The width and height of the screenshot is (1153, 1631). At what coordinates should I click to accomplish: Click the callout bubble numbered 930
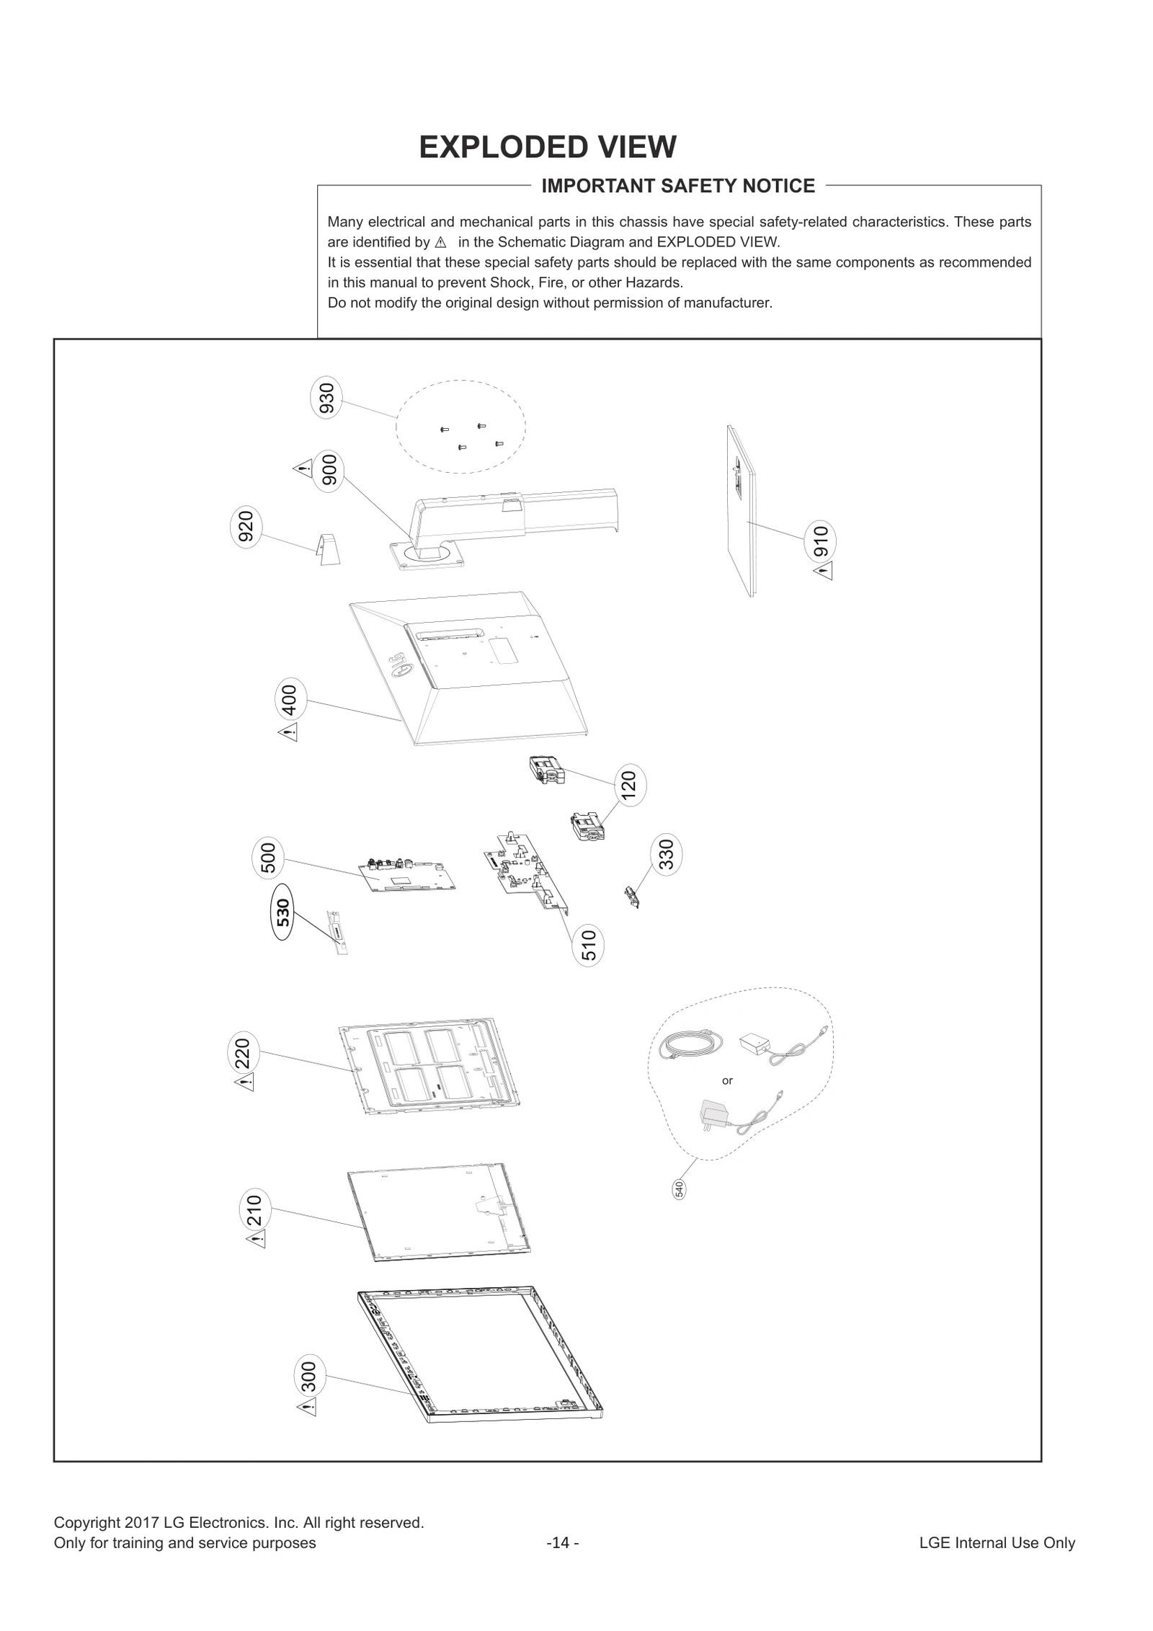coord(326,399)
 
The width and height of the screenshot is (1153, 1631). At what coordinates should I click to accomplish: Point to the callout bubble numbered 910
coord(820,541)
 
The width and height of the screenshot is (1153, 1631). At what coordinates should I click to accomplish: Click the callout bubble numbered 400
coord(290,700)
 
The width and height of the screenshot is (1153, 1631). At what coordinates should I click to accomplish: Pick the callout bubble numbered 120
coord(630,786)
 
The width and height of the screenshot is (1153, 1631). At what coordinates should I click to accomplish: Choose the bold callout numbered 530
coord(283,912)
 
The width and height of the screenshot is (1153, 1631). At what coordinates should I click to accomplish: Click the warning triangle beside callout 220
coord(244,1083)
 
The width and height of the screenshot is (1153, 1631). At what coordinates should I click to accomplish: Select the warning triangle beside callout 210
coord(256,1240)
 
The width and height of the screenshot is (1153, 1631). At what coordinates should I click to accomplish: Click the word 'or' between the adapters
coord(727,1080)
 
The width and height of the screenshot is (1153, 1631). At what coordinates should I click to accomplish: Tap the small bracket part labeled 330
coord(632,897)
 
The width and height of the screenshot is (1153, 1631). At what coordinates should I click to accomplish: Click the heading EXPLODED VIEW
coord(548,147)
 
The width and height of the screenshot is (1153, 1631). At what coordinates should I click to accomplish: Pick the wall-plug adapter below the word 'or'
coord(713,1118)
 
